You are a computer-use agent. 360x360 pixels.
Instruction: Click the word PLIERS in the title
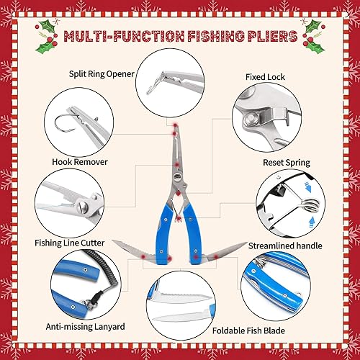tap(261, 36)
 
